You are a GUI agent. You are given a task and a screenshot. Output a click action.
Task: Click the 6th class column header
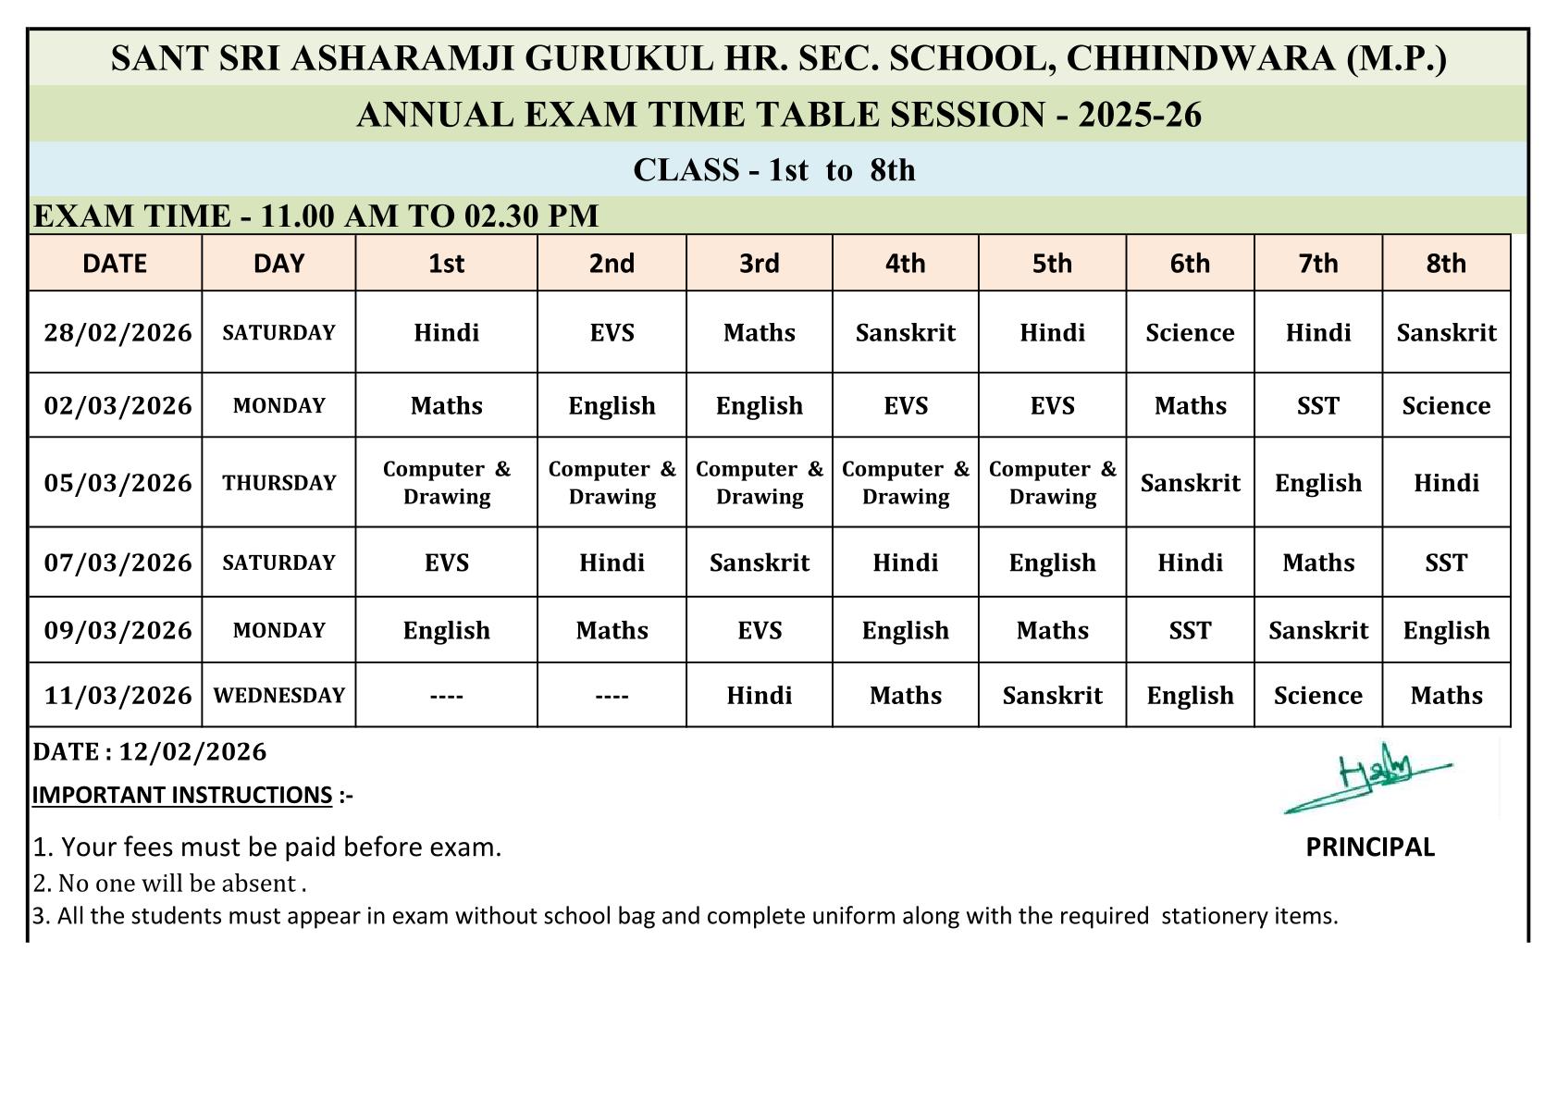point(1190,264)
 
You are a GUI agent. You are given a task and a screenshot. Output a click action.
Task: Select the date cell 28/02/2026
point(117,332)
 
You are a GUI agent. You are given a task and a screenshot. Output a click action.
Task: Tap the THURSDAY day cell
point(278,483)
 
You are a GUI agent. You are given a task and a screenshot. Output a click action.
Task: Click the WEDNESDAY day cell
point(278,696)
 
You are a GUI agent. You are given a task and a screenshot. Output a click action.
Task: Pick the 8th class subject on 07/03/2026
point(1446,563)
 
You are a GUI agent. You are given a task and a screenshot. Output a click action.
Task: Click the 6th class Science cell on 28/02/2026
point(1190,333)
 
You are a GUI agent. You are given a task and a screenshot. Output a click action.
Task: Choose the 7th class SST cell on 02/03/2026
point(1317,406)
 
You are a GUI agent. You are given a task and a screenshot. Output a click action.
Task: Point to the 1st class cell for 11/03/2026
point(446,696)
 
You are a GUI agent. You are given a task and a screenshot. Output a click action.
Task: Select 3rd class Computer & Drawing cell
point(759,483)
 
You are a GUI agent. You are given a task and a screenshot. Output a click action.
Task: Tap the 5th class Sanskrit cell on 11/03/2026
point(1052,696)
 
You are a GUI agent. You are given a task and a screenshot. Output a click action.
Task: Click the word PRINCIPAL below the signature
point(1369,847)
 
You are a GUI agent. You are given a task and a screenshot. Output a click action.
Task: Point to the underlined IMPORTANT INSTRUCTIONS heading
point(182,796)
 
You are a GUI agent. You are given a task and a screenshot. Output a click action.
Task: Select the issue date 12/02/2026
point(192,752)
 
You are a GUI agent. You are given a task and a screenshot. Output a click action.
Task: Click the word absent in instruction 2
point(266,884)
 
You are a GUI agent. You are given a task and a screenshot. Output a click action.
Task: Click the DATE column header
point(115,264)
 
